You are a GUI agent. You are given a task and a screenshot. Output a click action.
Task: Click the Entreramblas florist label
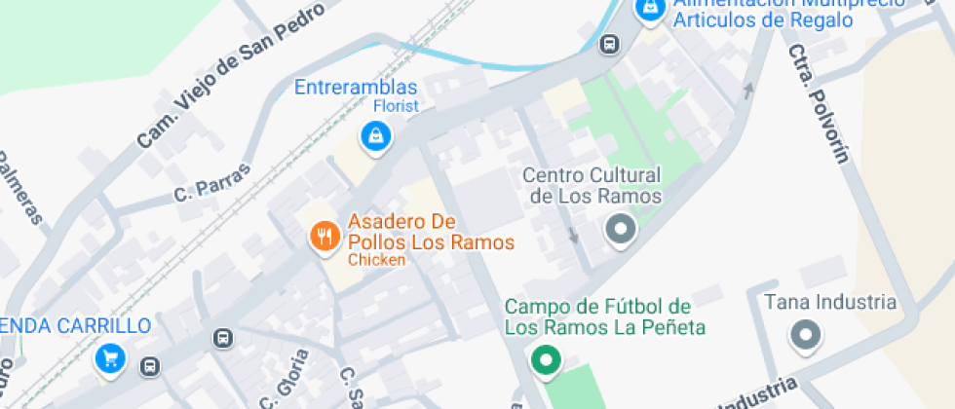357,88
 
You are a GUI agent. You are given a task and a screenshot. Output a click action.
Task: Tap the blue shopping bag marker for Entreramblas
374,137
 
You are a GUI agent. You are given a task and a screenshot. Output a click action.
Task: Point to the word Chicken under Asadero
376,260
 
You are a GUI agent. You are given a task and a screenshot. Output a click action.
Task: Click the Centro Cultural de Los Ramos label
592,185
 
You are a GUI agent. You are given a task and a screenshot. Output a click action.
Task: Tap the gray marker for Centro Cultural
619,231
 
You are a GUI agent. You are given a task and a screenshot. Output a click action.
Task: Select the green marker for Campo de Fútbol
545,360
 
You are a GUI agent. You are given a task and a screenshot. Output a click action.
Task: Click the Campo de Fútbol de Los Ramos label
604,316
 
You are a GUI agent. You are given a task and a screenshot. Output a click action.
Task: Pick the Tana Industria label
829,302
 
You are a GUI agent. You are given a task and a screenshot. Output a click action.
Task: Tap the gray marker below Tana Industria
805,336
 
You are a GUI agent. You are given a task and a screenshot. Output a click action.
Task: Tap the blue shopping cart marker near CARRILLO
109,358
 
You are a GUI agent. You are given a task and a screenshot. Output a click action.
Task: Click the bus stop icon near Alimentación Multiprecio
610,44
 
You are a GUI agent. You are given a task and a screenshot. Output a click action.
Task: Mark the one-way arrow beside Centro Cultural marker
573,235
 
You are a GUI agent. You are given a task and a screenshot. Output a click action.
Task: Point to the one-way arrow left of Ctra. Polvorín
748,92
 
